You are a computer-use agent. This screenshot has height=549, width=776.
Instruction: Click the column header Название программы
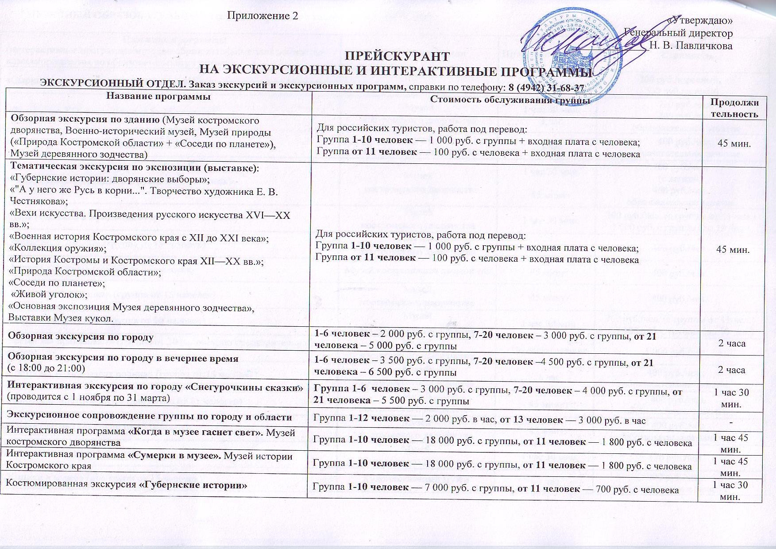pos(158,98)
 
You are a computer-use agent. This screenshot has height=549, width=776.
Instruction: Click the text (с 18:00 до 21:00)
pos(47,367)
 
